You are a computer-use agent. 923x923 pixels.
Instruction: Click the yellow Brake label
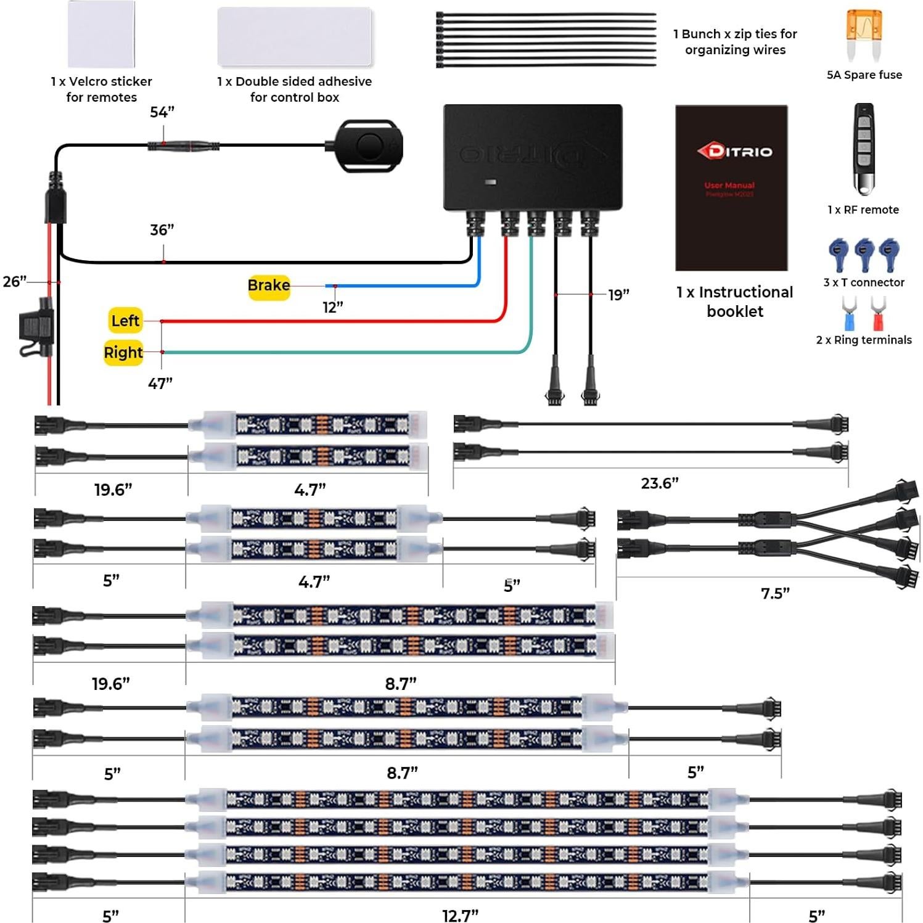[269, 286]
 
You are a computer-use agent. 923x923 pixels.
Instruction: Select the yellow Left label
[125, 321]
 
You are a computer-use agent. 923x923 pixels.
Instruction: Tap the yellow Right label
[123, 353]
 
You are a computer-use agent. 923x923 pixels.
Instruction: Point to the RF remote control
[863, 148]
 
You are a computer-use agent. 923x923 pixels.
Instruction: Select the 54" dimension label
[162, 112]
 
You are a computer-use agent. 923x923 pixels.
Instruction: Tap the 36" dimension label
[162, 230]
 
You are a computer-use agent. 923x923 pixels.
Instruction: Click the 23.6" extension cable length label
[660, 483]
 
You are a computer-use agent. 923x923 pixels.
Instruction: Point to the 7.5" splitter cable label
[775, 593]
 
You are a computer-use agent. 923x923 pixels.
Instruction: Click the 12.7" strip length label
[460, 916]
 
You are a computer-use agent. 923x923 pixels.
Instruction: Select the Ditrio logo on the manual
[734, 151]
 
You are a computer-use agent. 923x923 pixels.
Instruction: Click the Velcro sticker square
[101, 34]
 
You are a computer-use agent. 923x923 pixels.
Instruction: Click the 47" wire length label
[160, 384]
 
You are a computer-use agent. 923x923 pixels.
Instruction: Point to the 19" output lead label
[618, 295]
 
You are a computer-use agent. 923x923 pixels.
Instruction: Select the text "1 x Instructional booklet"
[734, 302]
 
